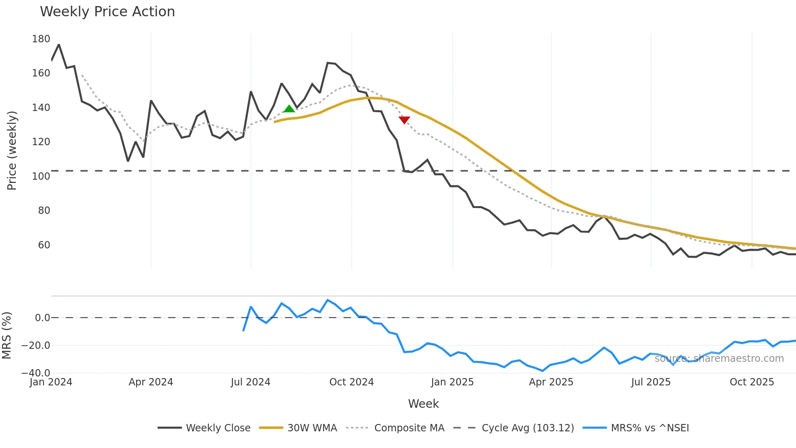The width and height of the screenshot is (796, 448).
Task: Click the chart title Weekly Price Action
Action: (107, 12)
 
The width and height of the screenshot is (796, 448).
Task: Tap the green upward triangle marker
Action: (289, 109)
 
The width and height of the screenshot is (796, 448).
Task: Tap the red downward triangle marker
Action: (404, 120)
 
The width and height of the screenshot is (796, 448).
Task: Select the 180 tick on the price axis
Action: (41, 39)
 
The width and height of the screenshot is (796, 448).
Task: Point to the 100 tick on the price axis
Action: (41, 176)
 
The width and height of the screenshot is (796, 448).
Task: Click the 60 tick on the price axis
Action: (44, 245)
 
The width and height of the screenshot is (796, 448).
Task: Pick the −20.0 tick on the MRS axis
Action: (36, 346)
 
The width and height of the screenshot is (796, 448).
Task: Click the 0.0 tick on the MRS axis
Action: (42, 318)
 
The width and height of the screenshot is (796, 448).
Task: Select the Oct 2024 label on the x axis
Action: (351, 382)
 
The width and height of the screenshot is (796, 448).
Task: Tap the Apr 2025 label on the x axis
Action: (551, 382)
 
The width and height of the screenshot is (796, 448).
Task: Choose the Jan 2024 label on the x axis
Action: (51, 382)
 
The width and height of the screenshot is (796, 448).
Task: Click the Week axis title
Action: (423, 404)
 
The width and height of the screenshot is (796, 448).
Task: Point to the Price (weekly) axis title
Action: (12, 150)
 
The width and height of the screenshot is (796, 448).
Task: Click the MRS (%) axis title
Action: (7, 335)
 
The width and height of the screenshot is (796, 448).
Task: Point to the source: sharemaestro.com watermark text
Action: (719, 359)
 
